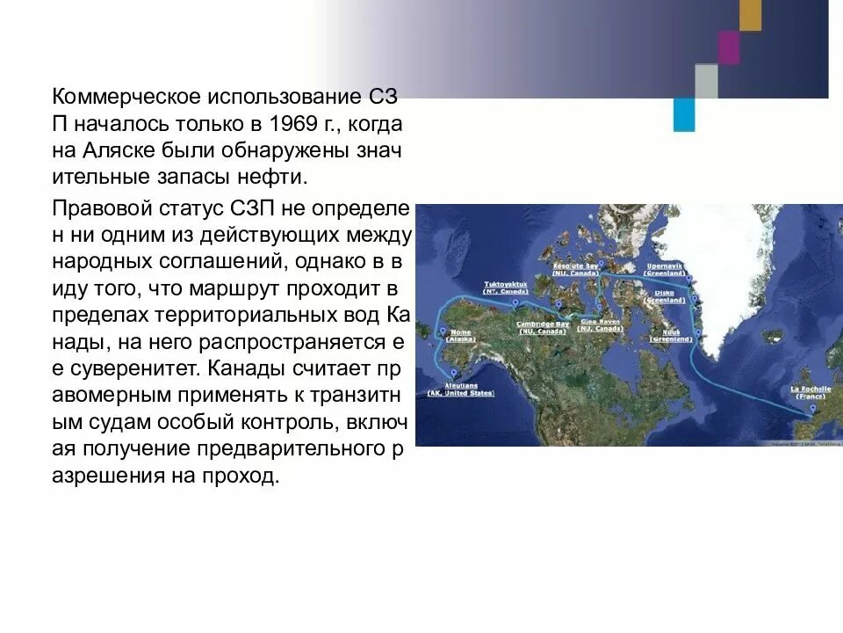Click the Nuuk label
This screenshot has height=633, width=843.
click(x=671, y=335)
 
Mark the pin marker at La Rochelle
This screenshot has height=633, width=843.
click(x=814, y=410)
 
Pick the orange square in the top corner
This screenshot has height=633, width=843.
click(x=751, y=15)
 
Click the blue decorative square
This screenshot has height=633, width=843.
click(x=684, y=114)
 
